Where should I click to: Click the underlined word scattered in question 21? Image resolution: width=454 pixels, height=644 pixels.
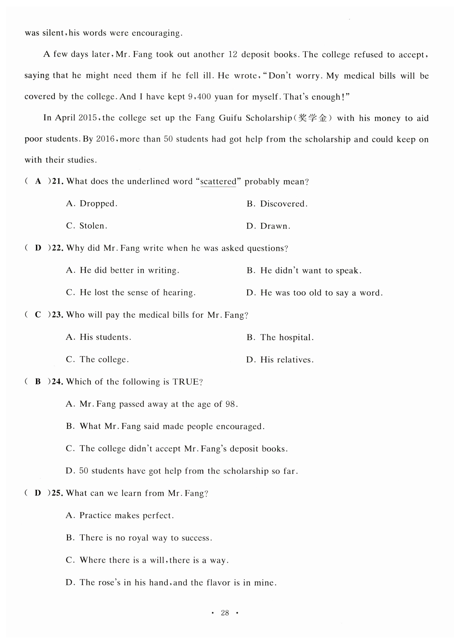click(x=218, y=181)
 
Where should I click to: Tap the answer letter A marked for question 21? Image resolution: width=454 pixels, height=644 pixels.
click(x=38, y=181)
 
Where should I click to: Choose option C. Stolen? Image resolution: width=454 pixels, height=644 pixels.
click(x=87, y=226)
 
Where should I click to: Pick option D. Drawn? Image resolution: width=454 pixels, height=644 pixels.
click(x=268, y=226)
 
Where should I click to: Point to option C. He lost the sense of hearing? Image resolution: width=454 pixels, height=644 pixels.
click(x=131, y=292)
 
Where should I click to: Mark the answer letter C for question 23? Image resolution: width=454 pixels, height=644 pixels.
click(x=38, y=314)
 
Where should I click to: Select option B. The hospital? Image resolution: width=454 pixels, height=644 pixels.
click(x=280, y=337)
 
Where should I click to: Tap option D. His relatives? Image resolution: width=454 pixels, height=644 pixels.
click(x=280, y=360)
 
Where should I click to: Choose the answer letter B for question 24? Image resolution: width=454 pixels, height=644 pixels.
click(x=38, y=381)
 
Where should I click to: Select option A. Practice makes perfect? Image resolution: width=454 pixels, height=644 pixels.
click(x=120, y=515)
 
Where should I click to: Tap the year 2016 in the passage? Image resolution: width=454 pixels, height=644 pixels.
click(x=105, y=139)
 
